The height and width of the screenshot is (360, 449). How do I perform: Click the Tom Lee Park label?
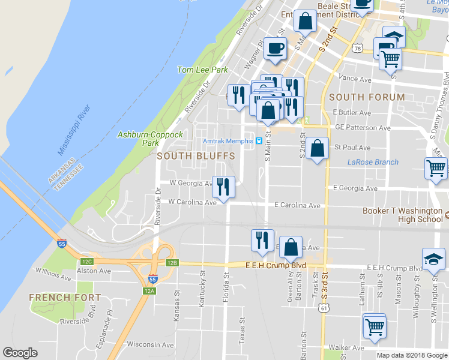coord(202,70)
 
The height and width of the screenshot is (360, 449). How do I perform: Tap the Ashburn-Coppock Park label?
coord(150,139)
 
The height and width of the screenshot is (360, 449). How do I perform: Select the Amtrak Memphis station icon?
coord(259,141)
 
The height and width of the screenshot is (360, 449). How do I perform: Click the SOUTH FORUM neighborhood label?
coord(367,97)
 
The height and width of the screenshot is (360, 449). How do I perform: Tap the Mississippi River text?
coord(74,131)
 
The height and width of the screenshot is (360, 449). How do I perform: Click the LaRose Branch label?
coord(373,162)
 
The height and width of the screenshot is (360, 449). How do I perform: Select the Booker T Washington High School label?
coord(402,215)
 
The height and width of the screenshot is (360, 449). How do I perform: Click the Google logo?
coord(20,353)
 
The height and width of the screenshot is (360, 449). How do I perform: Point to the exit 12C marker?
coord(87,261)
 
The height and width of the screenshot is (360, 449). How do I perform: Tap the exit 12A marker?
coord(149,291)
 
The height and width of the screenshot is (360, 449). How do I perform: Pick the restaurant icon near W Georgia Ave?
coord(224,187)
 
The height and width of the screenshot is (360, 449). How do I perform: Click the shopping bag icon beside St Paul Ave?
coord(318,148)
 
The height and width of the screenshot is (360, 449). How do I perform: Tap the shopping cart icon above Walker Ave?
coord(375,327)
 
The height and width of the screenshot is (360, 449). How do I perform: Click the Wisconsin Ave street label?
coord(150,345)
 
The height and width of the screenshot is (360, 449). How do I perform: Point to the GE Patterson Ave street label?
coord(363,128)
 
